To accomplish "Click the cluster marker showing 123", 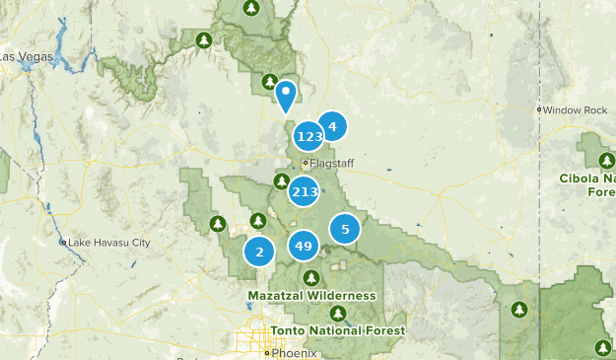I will [308, 136].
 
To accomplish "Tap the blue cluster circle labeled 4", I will [333, 126].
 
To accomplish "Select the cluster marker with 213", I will [304, 191].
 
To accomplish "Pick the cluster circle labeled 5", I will [345, 230].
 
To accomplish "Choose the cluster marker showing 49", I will [304, 246].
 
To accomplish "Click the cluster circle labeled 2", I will [259, 252].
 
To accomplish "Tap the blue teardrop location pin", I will [286, 95].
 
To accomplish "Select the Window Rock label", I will [576, 109].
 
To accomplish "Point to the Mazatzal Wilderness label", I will [312, 295].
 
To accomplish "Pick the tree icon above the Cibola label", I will [606, 160].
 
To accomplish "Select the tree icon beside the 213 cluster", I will [281, 181].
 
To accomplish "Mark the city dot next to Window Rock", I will [539, 109].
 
